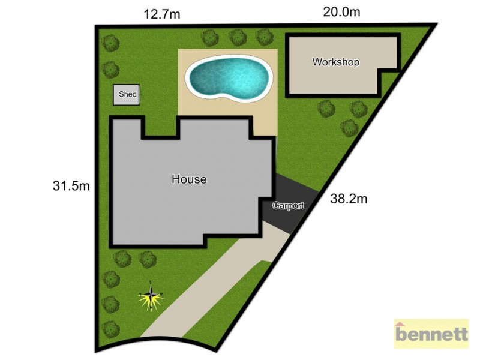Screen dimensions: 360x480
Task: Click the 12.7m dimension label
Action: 161,13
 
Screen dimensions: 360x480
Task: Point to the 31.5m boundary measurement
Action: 71,186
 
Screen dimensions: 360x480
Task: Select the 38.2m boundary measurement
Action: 349,199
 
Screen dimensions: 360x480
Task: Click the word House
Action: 189,179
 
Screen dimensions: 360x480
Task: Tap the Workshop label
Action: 335,62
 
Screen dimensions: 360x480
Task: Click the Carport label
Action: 288,206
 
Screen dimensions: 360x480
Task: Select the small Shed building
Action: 127,95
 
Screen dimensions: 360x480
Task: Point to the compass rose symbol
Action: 152,296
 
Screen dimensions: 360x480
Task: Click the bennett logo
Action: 431,334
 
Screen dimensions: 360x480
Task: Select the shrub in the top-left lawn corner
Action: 110,43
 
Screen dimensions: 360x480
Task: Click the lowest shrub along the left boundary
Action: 110,328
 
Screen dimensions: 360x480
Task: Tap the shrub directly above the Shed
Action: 110,70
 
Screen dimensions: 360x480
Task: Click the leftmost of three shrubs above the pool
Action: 210,38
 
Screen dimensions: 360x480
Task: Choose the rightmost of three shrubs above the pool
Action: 264,37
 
